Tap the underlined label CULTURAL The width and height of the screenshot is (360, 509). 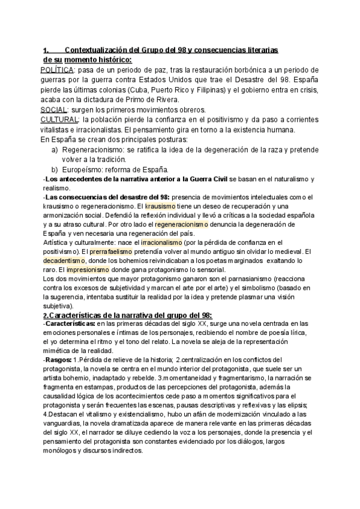58,119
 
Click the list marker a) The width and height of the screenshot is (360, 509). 55,149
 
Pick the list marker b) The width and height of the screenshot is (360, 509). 55,169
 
